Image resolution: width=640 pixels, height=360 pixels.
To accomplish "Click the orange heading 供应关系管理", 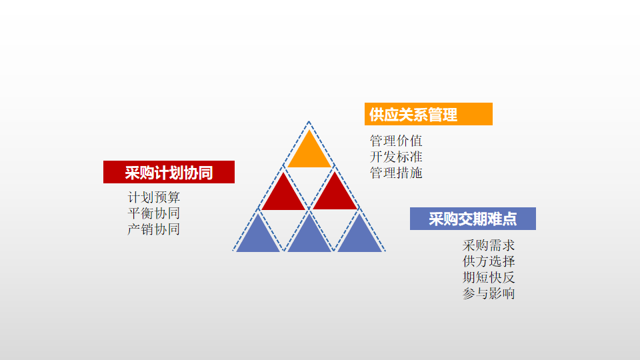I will [428, 114].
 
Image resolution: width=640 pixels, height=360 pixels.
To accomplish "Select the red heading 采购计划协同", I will [169, 172].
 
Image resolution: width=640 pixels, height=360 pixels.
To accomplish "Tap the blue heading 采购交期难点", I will [473, 219].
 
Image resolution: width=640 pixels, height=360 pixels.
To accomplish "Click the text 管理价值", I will [396, 141].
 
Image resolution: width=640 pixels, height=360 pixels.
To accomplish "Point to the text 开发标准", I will [396, 157].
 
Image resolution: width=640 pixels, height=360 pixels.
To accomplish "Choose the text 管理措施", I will [396, 173].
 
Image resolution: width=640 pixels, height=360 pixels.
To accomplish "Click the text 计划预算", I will [154, 197].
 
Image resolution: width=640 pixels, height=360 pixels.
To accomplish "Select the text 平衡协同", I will [154, 213].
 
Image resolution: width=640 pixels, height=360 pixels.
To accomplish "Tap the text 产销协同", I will [154, 229].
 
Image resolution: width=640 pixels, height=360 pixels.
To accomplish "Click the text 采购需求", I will [489, 245].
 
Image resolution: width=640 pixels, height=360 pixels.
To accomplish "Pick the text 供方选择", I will [489, 261].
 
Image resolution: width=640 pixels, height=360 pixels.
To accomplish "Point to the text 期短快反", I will [489, 277].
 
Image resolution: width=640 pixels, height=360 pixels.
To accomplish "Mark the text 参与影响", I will [489, 293].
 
